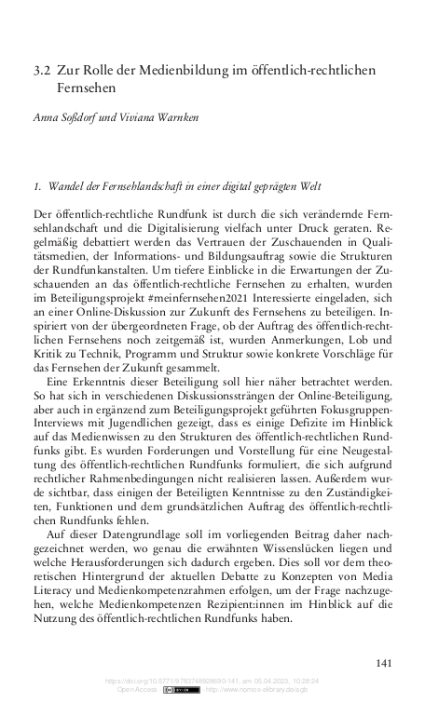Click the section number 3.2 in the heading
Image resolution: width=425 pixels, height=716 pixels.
click(40, 70)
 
